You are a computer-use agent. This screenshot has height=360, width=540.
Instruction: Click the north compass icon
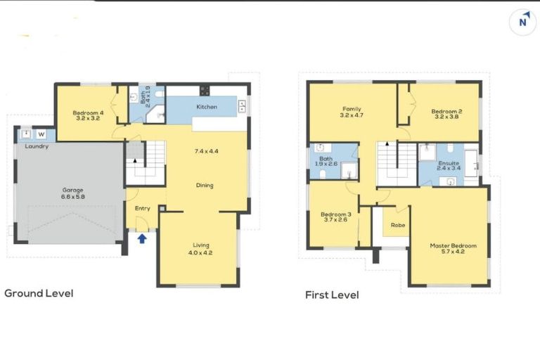[522, 22]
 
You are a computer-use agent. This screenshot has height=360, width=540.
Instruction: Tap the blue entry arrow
[142, 238]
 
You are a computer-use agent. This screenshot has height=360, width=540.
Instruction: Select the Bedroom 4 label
[88, 115]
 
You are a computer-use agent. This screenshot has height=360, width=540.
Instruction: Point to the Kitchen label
[207, 107]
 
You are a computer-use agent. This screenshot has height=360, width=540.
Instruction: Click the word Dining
[205, 186]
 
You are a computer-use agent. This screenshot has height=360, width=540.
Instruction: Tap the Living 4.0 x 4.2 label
[201, 248]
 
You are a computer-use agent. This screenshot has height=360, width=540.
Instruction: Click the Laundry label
[37, 146]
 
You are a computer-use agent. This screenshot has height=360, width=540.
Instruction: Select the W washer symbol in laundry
[41, 134]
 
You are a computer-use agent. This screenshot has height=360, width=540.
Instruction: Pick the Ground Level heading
[39, 293]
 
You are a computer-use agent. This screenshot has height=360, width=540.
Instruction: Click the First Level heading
[332, 295]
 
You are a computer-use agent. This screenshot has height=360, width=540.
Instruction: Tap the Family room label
[352, 112]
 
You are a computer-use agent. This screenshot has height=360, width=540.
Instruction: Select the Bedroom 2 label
[446, 115]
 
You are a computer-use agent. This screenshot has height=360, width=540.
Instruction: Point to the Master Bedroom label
[453, 249]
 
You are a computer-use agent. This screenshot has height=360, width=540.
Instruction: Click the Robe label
[398, 226]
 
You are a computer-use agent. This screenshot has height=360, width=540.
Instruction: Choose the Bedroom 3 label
[335, 217]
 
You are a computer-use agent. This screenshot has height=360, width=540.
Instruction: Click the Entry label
[143, 208]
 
